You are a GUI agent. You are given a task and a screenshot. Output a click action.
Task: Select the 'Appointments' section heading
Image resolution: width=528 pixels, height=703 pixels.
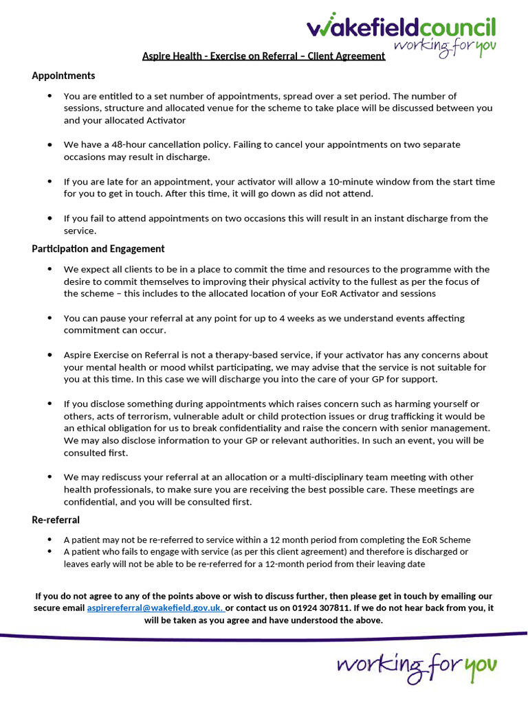pyautogui.click(x=63, y=76)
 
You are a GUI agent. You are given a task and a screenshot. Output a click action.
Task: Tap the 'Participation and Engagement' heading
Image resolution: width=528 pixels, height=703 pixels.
pyautogui.click(x=98, y=249)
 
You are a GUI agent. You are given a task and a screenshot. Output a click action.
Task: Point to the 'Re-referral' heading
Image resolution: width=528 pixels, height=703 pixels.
pyautogui.click(x=56, y=520)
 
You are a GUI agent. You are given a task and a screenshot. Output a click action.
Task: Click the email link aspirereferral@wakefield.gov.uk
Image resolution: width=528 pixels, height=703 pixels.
pyautogui.click(x=155, y=608)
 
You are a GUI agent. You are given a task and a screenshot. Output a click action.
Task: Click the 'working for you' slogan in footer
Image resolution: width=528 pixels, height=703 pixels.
pyautogui.click(x=417, y=665)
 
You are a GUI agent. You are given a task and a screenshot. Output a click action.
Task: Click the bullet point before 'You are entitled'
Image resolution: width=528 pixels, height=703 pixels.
pyautogui.click(x=49, y=96)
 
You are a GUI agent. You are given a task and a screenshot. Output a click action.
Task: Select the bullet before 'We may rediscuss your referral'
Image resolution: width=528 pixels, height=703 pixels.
pyautogui.click(x=49, y=477)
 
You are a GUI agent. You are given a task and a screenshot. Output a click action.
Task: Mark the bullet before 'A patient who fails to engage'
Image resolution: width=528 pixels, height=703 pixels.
pyautogui.click(x=49, y=552)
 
